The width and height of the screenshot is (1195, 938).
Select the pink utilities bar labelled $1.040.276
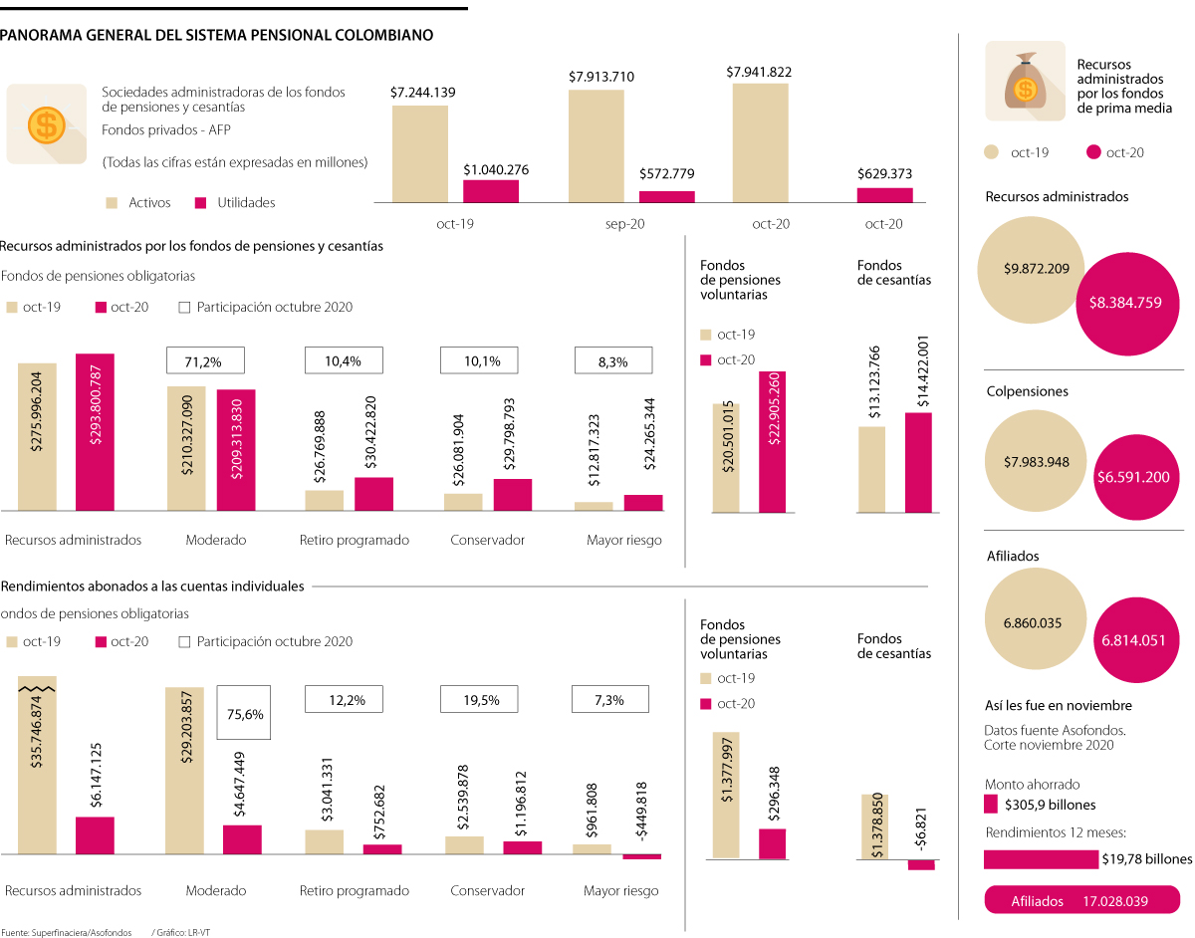[491, 191]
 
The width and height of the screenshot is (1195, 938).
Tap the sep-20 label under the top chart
[624, 224]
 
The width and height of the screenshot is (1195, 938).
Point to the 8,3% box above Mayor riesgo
[612, 361]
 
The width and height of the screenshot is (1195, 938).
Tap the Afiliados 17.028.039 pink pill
[1080, 900]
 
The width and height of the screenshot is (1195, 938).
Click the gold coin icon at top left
[45, 124]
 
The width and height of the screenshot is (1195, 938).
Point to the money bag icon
[1025, 82]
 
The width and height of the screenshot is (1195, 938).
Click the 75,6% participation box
[245, 713]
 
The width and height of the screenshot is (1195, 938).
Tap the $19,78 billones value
[1146, 859]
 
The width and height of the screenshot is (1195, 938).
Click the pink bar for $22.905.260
[772, 441]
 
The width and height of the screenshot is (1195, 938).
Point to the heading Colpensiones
[1027, 391]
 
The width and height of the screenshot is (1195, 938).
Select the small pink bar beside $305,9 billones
[991, 805]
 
